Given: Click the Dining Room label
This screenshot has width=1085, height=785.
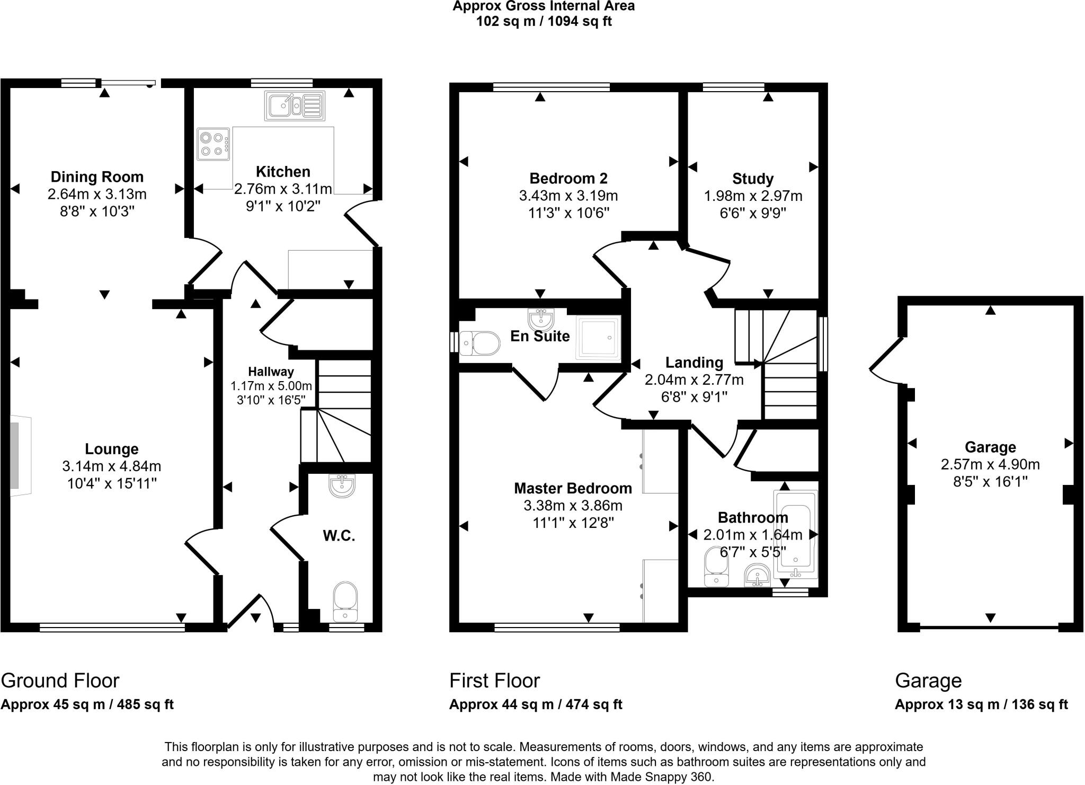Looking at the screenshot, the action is (x=97, y=177).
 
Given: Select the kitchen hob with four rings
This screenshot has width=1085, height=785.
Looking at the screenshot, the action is (x=214, y=144).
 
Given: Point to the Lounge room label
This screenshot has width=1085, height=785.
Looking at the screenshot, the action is (x=112, y=449).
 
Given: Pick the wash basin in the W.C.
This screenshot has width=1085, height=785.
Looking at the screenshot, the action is (x=342, y=485).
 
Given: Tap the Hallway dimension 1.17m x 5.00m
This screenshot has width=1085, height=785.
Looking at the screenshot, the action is (x=271, y=386).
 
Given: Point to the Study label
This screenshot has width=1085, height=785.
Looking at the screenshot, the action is (x=753, y=179).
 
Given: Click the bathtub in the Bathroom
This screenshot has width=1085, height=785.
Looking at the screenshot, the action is (x=795, y=533).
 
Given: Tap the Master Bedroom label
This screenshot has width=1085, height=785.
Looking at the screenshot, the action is (x=573, y=488).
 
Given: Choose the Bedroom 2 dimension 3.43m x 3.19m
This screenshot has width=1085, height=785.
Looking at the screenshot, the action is (x=568, y=196).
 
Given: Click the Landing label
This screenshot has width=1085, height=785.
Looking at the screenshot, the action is (x=694, y=363).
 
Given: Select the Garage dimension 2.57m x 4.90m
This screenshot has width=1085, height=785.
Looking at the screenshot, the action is (x=990, y=465).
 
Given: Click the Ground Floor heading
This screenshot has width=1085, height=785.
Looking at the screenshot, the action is (x=60, y=681).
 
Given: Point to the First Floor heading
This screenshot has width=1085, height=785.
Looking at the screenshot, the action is (x=494, y=681).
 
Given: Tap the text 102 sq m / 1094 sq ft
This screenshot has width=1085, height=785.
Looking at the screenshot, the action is (x=544, y=22).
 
